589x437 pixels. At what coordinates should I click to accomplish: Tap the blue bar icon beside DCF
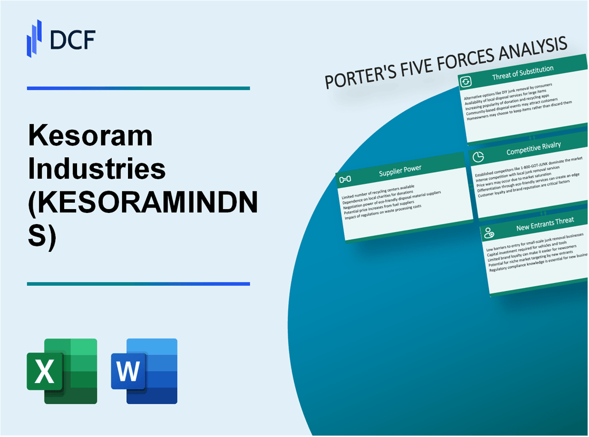[34, 38]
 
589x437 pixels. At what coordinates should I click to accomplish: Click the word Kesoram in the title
[89, 137]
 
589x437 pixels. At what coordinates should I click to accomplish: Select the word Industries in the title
[96, 169]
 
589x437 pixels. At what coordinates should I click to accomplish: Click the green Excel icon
[62, 371]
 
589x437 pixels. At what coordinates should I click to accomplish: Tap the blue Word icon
[145, 371]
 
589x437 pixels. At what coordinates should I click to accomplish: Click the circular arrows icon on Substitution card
[465, 81]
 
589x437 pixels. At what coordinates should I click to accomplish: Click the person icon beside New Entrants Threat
[488, 233]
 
